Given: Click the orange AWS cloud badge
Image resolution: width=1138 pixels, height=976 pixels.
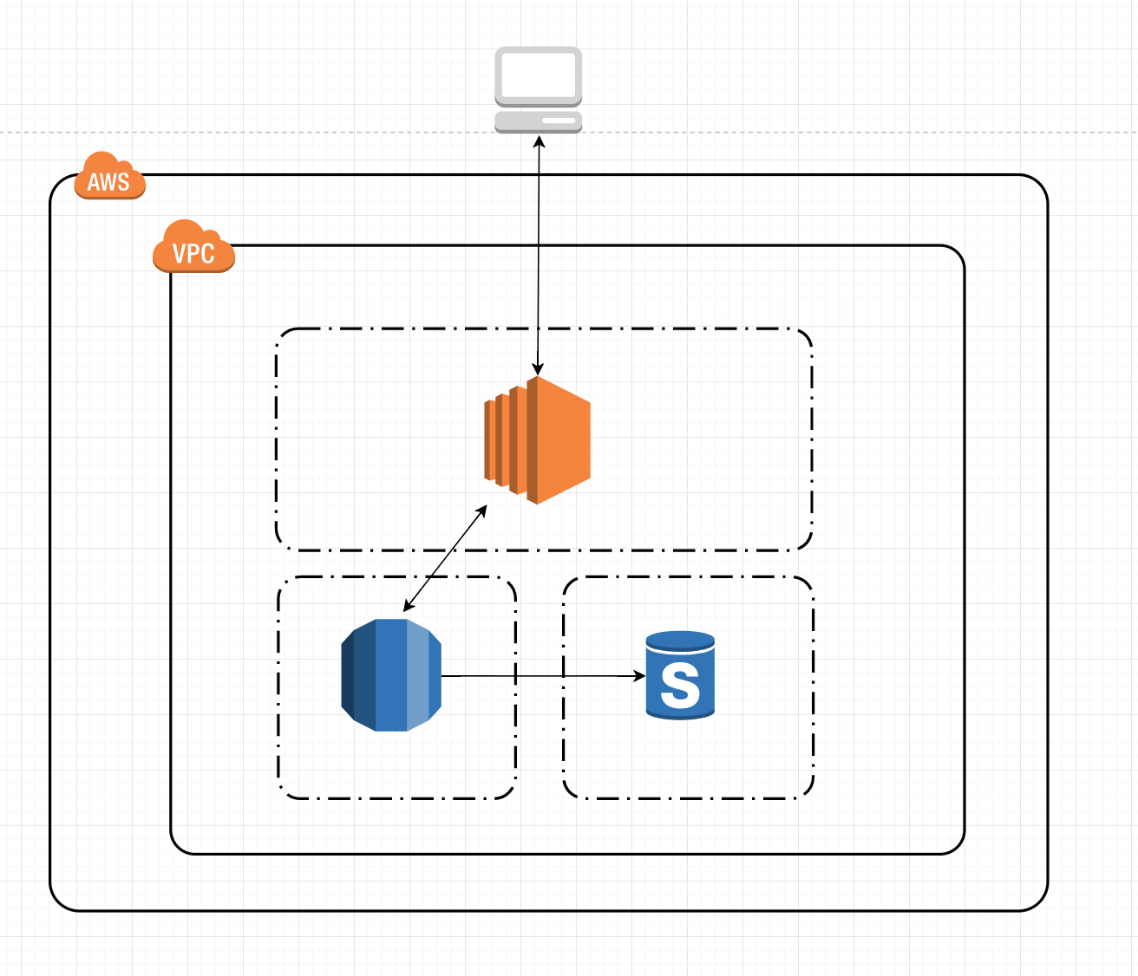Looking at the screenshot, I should coord(109,177).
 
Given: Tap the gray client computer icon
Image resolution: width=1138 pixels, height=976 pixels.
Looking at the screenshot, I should coord(538,90).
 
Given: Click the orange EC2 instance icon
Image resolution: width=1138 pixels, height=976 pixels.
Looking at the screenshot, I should coord(538,440).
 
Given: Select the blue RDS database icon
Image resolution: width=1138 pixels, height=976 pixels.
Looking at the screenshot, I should coord(391,675).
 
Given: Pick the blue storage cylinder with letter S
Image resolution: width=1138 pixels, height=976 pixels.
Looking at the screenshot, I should coord(680,675).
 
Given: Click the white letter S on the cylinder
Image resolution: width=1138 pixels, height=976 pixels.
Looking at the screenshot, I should coord(680,685).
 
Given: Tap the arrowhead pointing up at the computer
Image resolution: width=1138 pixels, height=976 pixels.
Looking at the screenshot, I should coord(539,140).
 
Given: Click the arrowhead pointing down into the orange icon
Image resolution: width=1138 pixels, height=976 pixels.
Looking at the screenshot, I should coord(538,369).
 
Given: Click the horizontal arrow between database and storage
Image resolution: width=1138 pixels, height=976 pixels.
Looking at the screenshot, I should coord(538,676).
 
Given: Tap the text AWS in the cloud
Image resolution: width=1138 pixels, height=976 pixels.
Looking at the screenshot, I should coord(108,182).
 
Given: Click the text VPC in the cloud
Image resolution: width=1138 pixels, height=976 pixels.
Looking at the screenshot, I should coord(193,253).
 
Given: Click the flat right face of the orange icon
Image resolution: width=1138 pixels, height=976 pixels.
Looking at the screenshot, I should coord(564,440).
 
